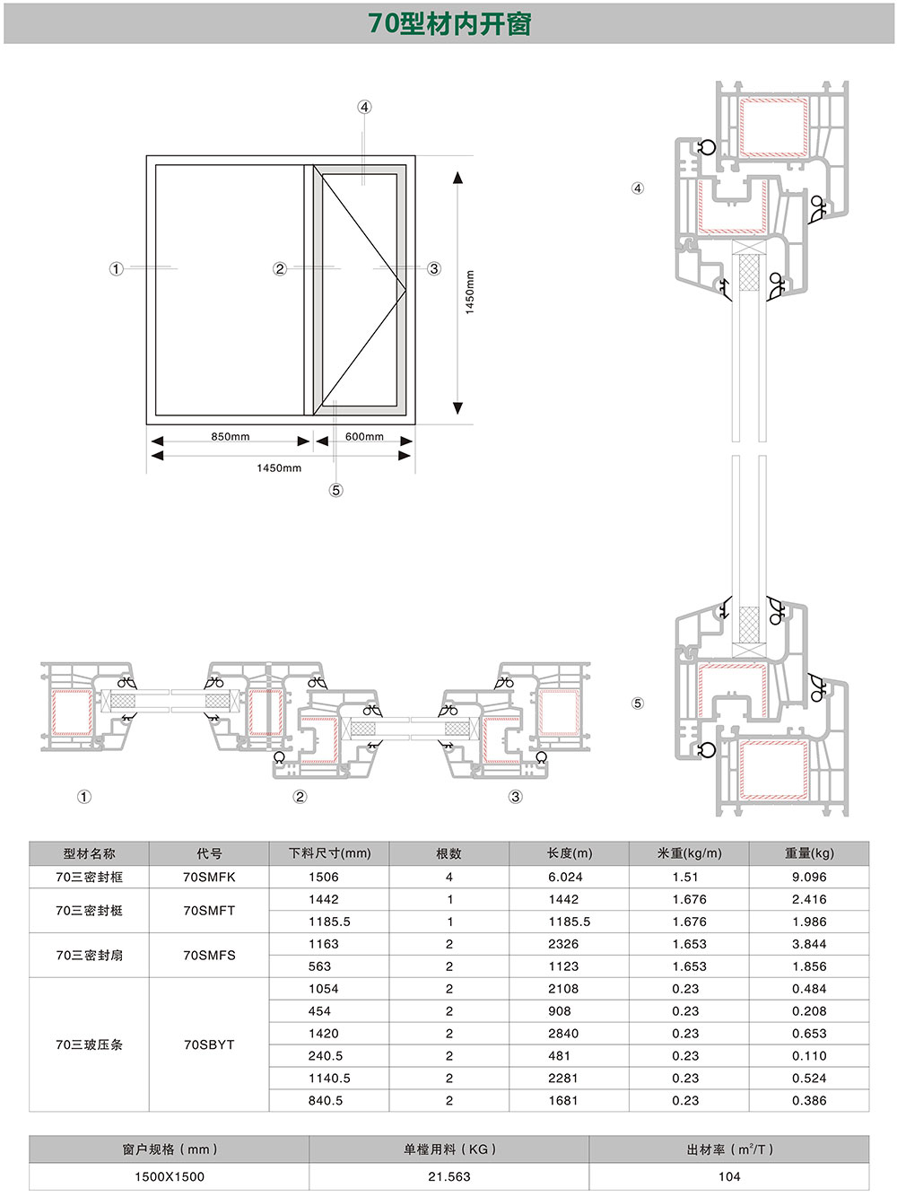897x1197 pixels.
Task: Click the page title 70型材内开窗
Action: tap(449, 23)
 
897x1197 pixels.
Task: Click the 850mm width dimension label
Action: tap(231, 437)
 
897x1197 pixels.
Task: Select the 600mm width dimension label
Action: tap(364, 437)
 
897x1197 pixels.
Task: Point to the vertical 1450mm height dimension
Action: tap(470, 292)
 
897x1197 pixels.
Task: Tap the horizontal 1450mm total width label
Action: tap(279, 467)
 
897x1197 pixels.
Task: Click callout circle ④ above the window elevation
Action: tap(364, 107)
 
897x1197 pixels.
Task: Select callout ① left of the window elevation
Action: tap(116, 269)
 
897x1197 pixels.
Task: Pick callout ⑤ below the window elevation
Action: tap(335, 490)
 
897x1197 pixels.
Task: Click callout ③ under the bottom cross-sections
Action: tap(515, 797)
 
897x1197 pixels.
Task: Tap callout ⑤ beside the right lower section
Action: tap(638, 703)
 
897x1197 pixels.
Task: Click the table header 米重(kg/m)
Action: tap(688, 853)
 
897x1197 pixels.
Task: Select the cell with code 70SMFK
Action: tap(209, 877)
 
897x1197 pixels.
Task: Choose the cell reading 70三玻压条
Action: tap(89, 1044)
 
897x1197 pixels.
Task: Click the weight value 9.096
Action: tap(809, 877)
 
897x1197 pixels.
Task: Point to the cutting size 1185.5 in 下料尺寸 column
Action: tap(329, 922)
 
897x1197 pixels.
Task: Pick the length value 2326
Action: tap(563, 944)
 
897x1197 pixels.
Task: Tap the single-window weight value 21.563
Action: tap(449, 1176)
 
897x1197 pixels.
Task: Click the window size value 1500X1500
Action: tap(170, 1176)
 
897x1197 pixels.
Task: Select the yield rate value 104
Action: tap(729, 1176)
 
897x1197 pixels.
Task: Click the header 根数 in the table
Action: tap(449, 853)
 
